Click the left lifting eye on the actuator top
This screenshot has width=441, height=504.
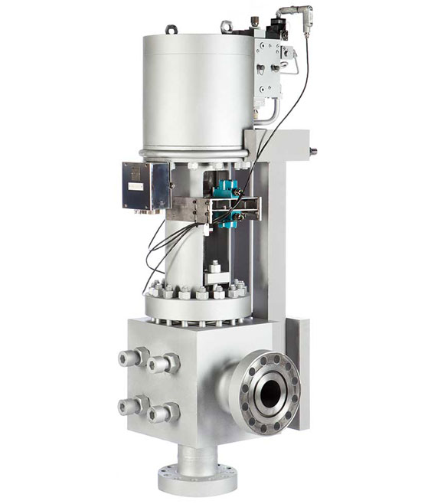point(169,31)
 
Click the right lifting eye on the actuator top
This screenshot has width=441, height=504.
point(226,28)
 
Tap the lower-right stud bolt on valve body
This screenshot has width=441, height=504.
point(160,414)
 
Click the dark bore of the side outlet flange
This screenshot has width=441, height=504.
point(269,393)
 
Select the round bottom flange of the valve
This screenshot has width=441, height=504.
point(193,479)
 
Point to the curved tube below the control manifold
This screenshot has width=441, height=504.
point(264,115)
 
